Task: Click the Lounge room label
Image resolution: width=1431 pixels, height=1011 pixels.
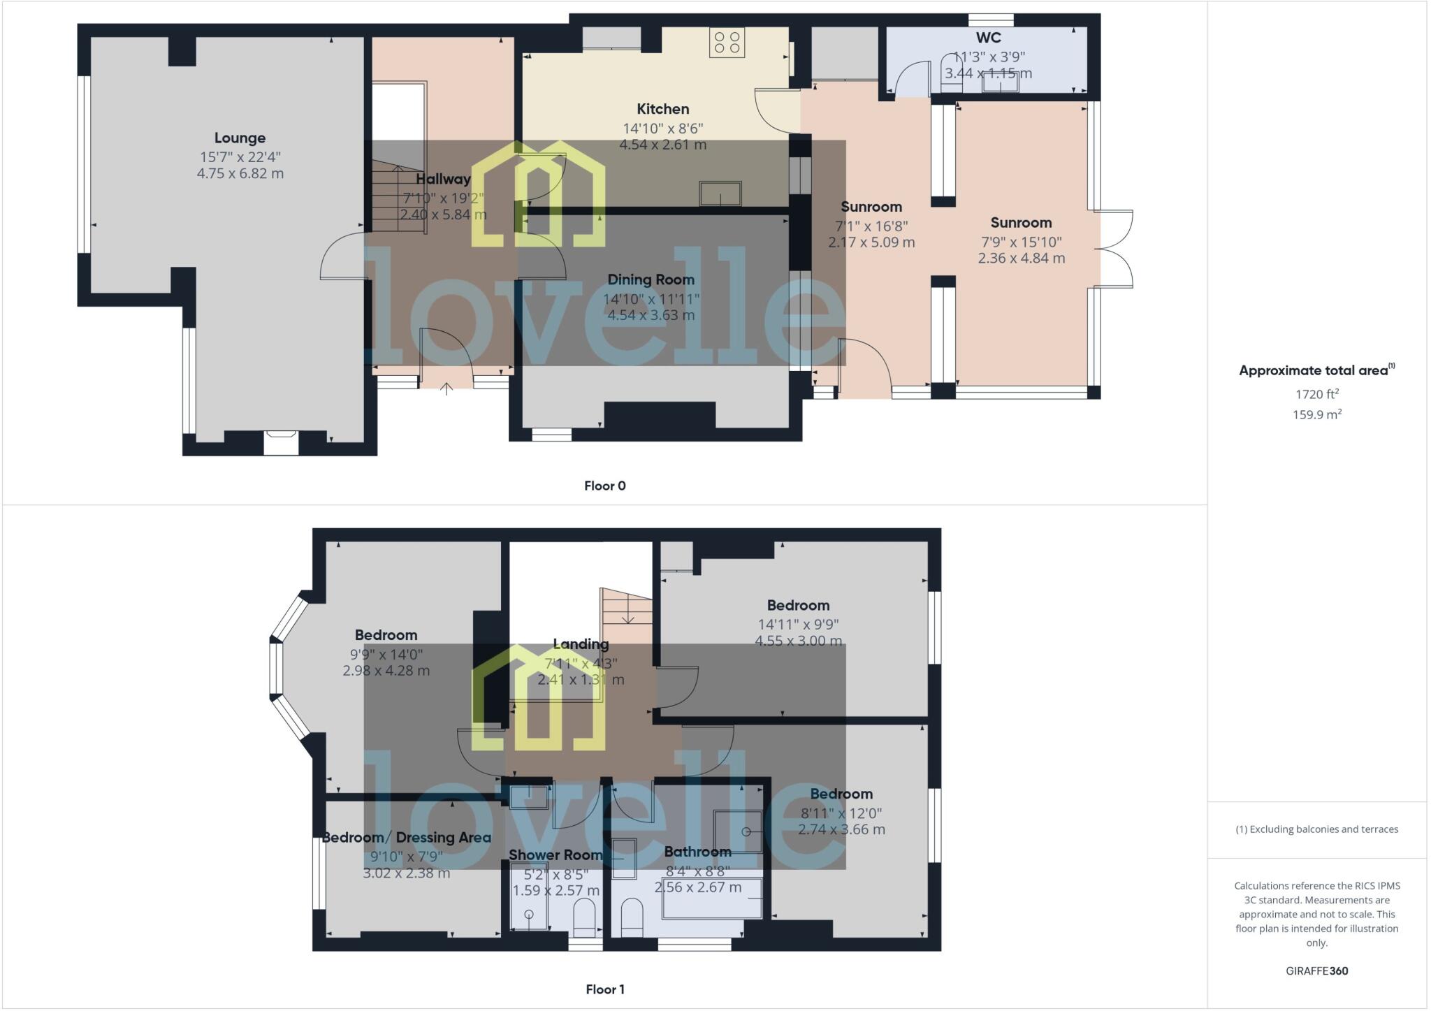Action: (x=240, y=138)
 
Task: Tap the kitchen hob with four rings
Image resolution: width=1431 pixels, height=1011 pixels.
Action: (x=727, y=42)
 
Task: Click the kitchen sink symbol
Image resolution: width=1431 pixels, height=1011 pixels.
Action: (x=720, y=194)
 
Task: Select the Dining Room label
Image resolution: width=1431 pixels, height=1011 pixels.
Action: (x=651, y=280)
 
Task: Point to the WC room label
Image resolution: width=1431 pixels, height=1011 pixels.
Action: (x=988, y=38)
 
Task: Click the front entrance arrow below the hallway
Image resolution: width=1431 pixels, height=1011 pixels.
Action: (x=446, y=388)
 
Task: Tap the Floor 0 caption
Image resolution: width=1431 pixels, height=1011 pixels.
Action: (x=604, y=486)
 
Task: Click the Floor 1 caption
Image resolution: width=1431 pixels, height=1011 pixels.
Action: (x=604, y=989)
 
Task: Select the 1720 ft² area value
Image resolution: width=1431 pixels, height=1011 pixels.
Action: (x=1316, y=394)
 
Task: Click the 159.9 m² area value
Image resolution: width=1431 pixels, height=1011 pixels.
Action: (x=1316, y=414)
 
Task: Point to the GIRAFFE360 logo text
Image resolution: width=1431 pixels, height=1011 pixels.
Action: (x=1316, y=970)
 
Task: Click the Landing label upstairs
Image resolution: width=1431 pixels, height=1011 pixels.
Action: (x=581, y=644)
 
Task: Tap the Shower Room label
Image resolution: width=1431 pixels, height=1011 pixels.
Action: (x=555, y=855)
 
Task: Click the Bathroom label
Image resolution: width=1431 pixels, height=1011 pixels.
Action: (x=697, y=852)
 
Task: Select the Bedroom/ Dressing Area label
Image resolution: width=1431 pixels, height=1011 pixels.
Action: (x=406, y=838)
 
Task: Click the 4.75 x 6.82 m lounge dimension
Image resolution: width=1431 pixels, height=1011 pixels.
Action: (x=240, y=173)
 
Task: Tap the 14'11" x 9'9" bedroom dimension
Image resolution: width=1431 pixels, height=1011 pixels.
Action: (x=798, y=624)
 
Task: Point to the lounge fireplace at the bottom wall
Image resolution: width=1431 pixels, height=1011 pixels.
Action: (x=281, y=442)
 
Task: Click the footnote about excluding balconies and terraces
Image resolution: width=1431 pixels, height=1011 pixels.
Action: (x=1316, y=829)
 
